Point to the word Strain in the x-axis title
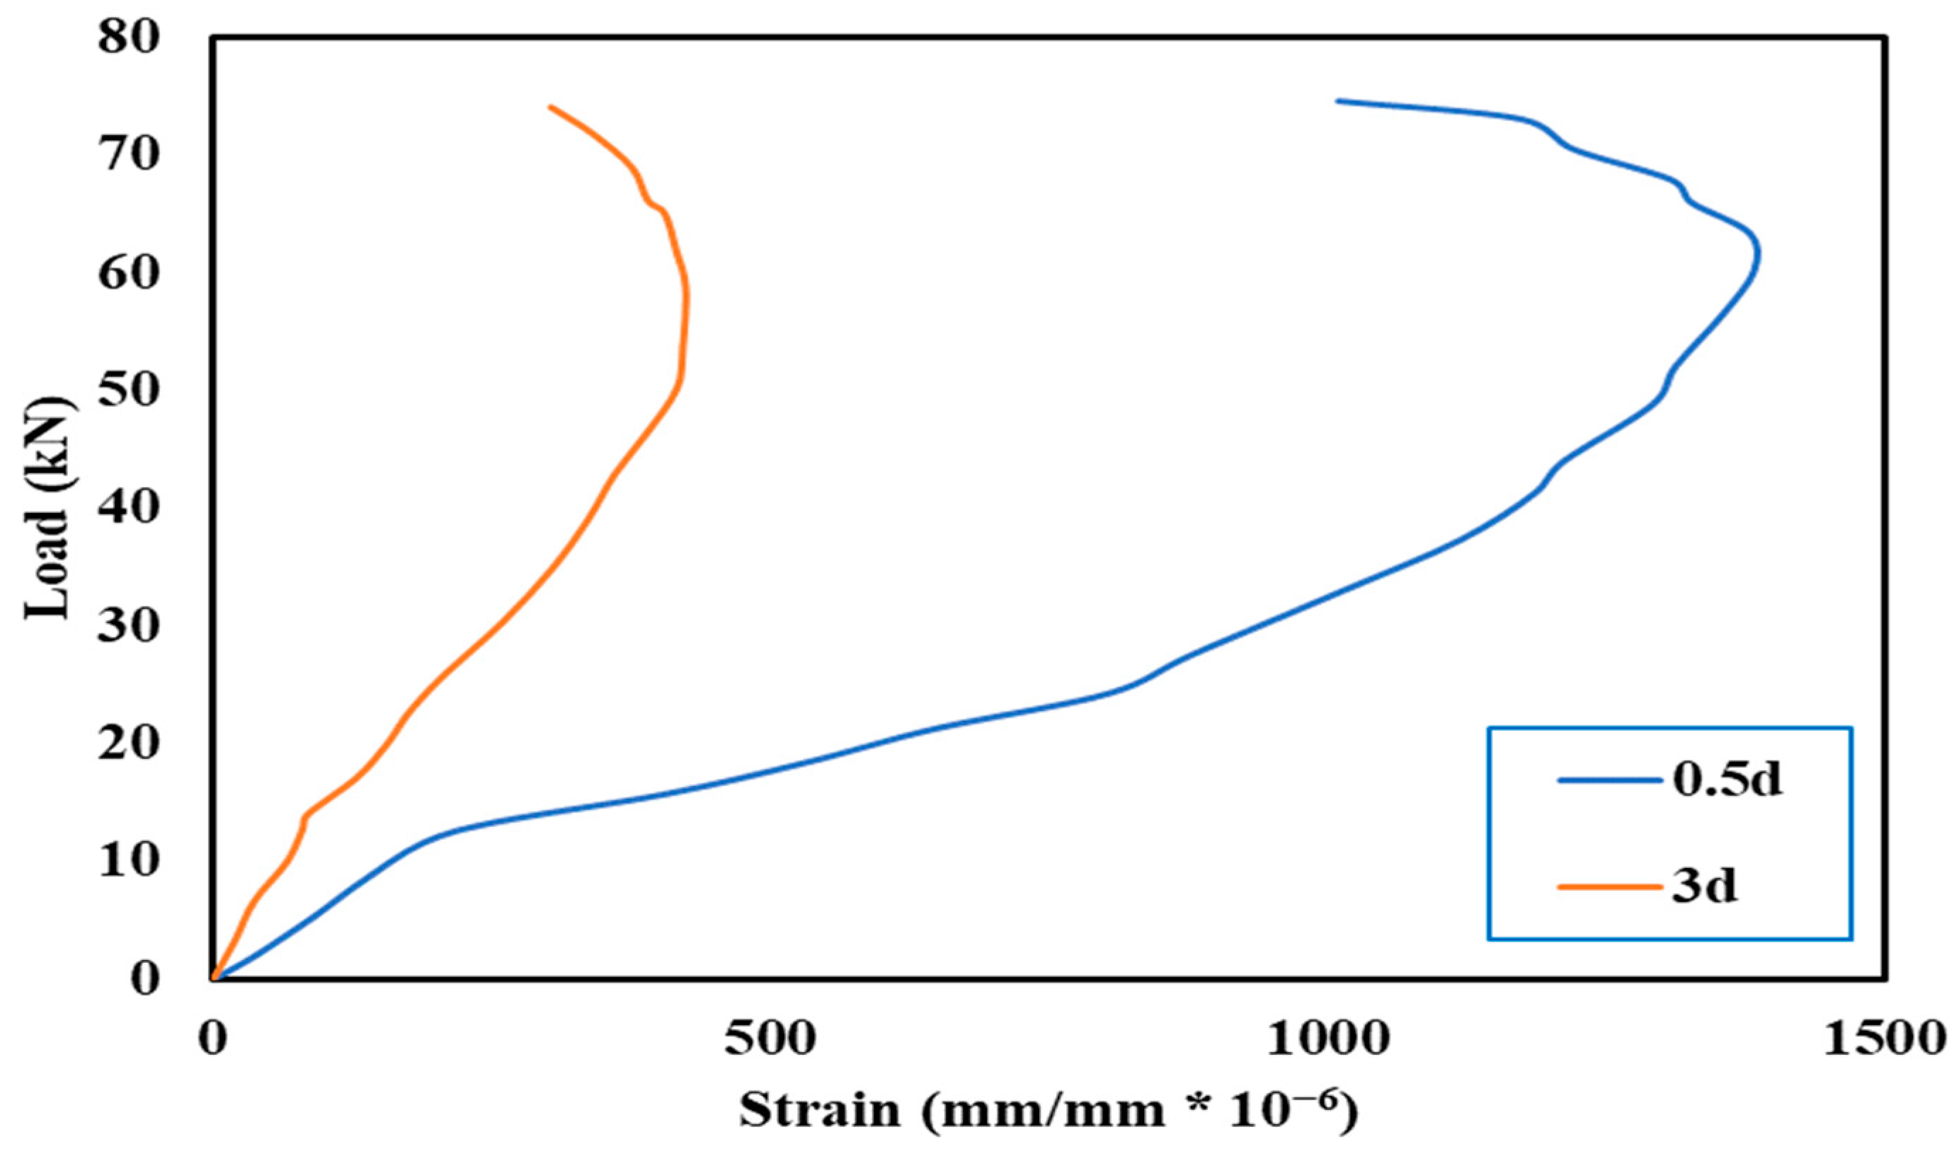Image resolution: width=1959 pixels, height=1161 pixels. point(821,1111)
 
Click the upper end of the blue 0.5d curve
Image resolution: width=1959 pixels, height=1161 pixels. point(1337,101)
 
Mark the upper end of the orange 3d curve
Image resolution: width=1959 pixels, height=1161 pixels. point(550,106)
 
